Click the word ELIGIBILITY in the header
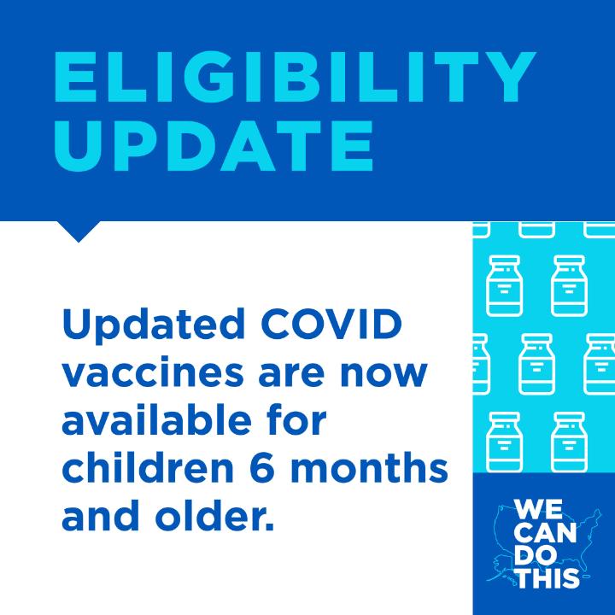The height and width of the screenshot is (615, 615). [295, 77]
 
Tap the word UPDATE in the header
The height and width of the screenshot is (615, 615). [214, 145]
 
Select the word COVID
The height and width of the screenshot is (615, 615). [331, 325]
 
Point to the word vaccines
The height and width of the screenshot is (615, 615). [153, 372]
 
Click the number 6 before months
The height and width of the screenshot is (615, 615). [262, 467]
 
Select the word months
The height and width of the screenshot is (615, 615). [370, 467]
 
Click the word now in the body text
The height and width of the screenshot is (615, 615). [384, 375]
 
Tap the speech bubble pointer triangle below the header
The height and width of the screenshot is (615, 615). [79, 231]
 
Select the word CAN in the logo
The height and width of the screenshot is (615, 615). [545, 532]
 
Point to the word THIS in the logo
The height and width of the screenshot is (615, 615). [547, 577]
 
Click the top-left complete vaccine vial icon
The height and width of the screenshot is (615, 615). [505, 285]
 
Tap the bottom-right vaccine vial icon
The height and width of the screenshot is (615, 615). [569, 442]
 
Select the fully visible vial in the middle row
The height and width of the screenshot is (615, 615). [536, 364]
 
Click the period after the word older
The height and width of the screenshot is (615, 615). [269, 526]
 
